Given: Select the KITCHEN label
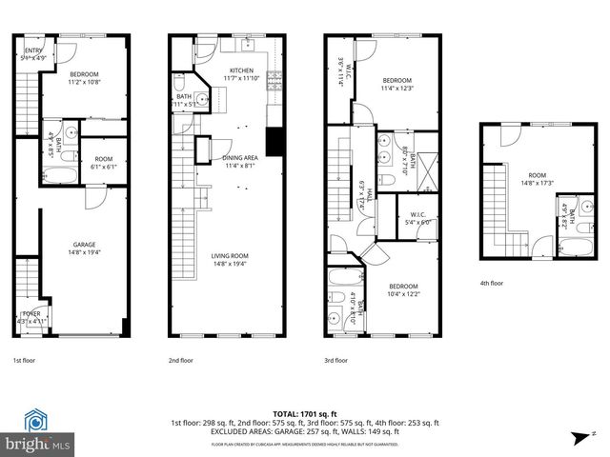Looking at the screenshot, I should point(242,72).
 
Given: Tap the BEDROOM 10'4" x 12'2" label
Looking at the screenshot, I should point(406,289).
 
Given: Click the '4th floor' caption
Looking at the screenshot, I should point(494,283).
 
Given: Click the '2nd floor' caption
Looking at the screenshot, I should point(181,361).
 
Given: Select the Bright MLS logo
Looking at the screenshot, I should point(38,432).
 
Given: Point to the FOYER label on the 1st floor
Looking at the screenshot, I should point(31,315).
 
